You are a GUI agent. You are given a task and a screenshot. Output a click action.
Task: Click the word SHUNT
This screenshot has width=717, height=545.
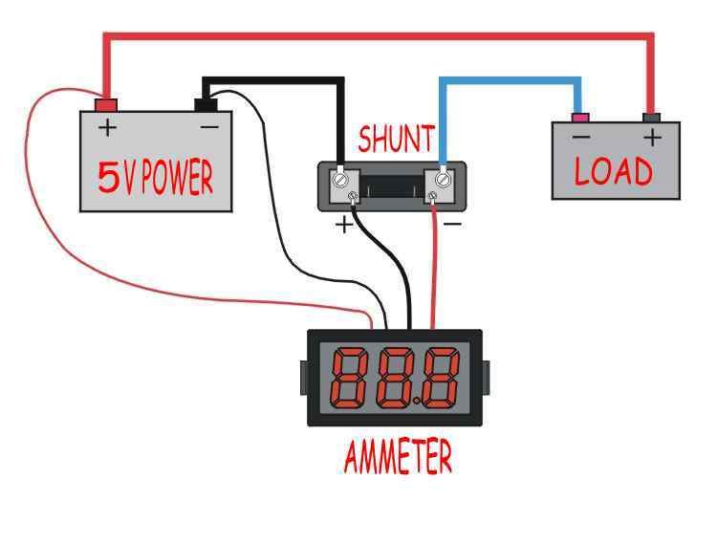tap(396, 139)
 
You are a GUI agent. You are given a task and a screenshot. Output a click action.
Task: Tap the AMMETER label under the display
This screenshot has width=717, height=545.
tap(398, 457)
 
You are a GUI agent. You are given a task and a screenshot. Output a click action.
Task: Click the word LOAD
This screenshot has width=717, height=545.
tap(614, 171)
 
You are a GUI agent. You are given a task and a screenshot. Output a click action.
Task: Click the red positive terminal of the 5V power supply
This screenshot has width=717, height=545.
tap(106, 105)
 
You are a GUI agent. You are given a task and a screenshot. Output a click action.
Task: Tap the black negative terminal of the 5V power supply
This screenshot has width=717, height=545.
tap(206, 105)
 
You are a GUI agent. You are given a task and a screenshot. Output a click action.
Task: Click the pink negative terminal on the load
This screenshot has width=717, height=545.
tap(580, 118)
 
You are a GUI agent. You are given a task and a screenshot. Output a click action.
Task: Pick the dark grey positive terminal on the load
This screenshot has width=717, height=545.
tap(651, 118)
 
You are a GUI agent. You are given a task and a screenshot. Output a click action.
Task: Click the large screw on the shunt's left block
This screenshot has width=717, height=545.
tap(339, 179)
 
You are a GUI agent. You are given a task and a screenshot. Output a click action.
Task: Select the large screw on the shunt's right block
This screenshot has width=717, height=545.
tap(443, 179)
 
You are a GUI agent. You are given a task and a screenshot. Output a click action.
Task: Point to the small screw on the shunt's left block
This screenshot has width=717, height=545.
tap(353, 197)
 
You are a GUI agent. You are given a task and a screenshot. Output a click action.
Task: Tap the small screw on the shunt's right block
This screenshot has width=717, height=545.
tap(432, 197)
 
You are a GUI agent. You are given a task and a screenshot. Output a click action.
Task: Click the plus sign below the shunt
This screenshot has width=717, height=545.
tap(344, 225)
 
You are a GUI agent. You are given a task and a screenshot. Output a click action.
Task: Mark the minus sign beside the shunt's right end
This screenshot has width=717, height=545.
tap(453, 224)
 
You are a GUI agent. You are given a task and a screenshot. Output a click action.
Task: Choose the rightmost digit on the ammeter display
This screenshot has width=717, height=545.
tap(441, 379)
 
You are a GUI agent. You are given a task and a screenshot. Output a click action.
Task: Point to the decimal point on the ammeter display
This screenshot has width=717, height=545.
tap(417, 403)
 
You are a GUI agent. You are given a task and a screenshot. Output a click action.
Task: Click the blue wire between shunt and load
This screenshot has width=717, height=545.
tap(510, 80)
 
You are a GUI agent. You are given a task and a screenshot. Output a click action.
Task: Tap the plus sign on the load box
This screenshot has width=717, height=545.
tap(653, 137)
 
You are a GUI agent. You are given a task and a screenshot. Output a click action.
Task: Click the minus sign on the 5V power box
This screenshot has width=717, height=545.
tap(209, 126)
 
